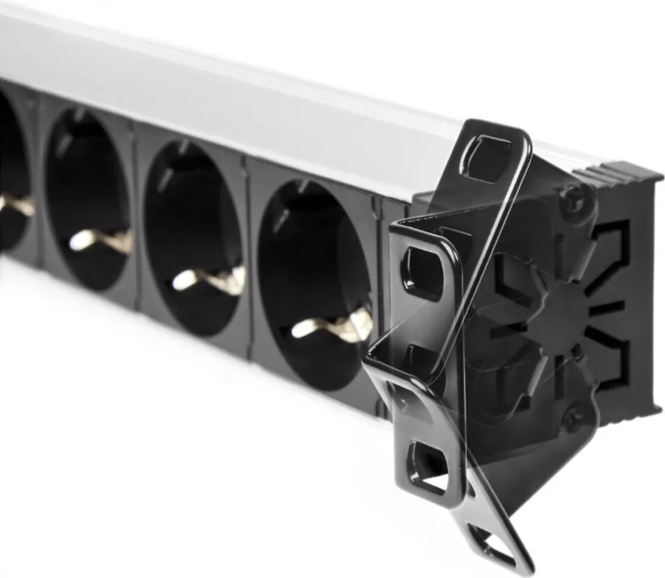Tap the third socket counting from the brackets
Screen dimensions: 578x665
point(88,198)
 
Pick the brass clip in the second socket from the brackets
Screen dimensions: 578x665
point(211,279)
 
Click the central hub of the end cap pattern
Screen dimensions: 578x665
point(558,312)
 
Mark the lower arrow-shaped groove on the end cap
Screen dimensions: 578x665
point(610,364)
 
